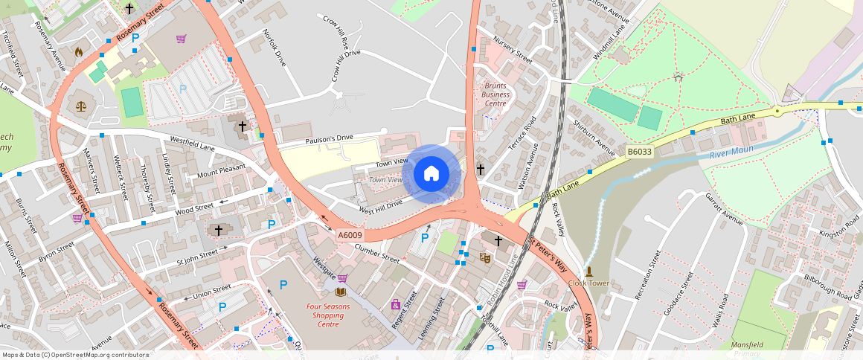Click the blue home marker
pyautogui.click(x=431, y=174)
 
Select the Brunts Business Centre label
pyautogui.click(x=495, y=94)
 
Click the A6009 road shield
pyautogui.click(x=350, y=236)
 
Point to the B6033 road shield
pyautogui.click(x=639, y=152)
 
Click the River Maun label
pyautogui.click(x=731, y=151)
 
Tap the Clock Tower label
pyautogui.click(x=588, y=283)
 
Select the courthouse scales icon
pyautogui.click(x=80, y=106)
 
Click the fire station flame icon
pyautogui.click(x=79, y=52)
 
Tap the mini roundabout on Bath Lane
pyautogui.click(x=777, y=111)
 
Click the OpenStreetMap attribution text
pyautogui.click(x=75, y=355)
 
